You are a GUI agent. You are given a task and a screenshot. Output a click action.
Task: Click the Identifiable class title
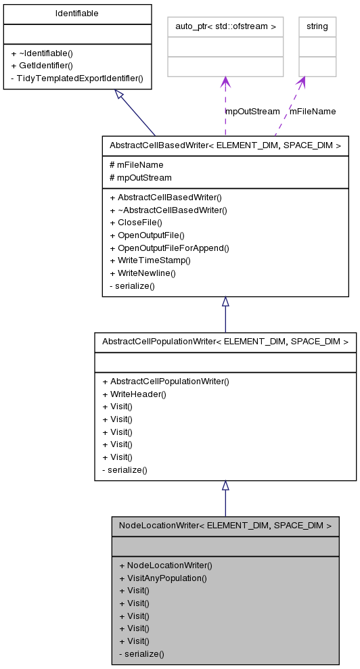(x=76, y=13)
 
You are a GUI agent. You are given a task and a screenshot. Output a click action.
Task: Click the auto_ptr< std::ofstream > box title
(x=225, y=26)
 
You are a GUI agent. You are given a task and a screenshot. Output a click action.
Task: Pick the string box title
(x=317, y=26)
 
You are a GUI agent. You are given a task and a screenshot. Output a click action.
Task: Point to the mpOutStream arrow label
(x=252, y=111)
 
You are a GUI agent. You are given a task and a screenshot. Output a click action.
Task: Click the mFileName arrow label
(x=313, y=111)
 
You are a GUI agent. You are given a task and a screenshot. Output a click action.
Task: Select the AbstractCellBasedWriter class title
(x=225, y=145)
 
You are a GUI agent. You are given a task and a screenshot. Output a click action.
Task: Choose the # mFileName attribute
(x=136, y=164)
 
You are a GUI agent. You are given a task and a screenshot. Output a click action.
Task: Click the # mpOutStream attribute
(x=140, y=177)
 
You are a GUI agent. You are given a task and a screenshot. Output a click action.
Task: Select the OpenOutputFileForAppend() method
(x=169, y=248)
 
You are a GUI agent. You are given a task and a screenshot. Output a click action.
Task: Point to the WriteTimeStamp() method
(x=150, y=260)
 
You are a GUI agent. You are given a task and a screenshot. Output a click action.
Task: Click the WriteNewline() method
(x=142, y=273)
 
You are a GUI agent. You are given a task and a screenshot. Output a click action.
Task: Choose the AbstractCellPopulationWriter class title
(x=225, y=342)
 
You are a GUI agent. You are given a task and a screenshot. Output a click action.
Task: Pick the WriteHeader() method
(x=134, y=394)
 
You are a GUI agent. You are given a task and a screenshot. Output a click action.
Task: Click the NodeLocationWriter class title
(x=225, y=525)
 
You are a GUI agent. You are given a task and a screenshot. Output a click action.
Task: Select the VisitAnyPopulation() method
(x=162, y=578)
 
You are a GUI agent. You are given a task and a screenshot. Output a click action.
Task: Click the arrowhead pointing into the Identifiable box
(x=120, y=94)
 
